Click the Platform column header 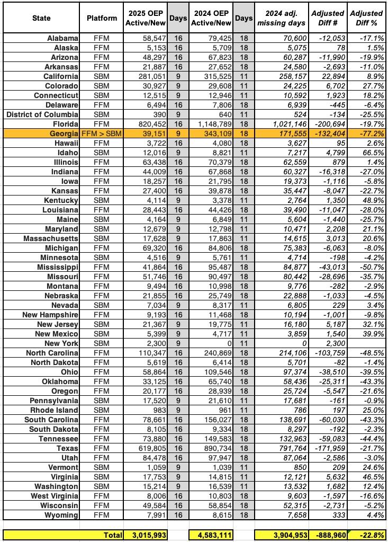point(102,18)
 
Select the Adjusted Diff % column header point(367,18)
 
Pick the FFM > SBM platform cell point(102,134)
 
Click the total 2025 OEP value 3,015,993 point(146,535)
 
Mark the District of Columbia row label point(43,114)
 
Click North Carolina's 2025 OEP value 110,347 point(150,353)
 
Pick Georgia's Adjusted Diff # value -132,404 point(329,134)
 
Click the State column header point(41,18)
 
